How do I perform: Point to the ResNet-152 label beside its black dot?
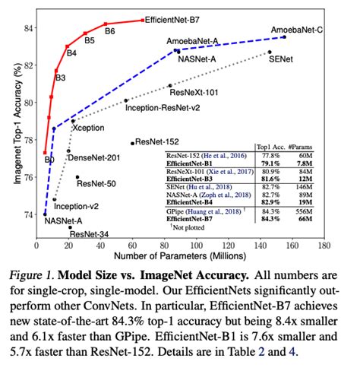click(x=160, y=141)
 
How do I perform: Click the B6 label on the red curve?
click(x=109, y=31)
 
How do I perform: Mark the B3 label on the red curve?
click(x=60, y=78)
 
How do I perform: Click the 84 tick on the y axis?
click(x=27, y=27)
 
